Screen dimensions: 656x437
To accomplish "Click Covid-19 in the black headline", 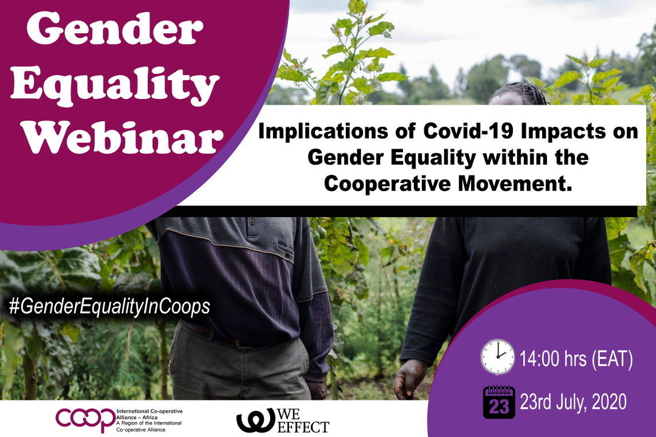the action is click(469, 131).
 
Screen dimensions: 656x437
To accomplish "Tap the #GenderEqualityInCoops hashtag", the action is click(109, 307).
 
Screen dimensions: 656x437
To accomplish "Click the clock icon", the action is click(497, 356).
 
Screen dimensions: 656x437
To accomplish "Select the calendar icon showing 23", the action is click(499, 402).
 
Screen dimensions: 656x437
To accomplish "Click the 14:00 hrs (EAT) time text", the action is click(576, 359).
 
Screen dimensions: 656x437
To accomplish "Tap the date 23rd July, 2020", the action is click(573, 402).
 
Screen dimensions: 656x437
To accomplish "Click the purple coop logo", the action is click(85, 419).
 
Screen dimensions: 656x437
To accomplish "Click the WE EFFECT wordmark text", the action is click(303, 420).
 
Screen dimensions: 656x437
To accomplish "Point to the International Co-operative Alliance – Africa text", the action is click(149, 415).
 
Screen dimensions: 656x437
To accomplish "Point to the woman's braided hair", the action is click(519, 92).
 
